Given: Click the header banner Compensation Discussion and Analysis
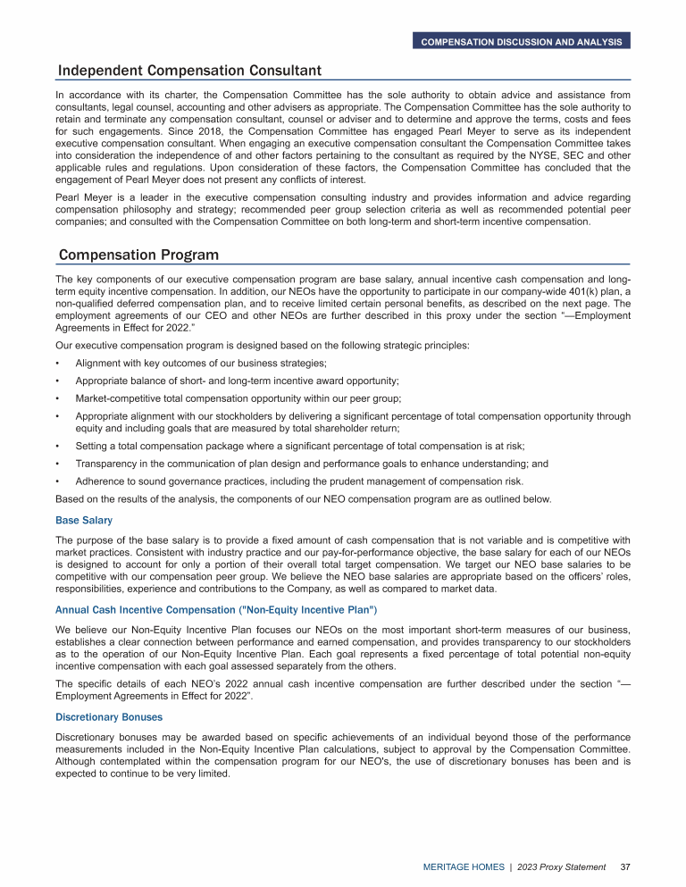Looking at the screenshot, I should coord(522,41).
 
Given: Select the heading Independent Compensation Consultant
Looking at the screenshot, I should coord(189,71).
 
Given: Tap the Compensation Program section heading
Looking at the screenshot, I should coord(138,255).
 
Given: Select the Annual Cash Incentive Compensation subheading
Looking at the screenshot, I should coord(216,609).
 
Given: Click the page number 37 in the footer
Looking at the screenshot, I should coord(626,867).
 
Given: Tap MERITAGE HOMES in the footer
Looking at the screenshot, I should coord(462,867).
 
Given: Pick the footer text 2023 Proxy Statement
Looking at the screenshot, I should coord(561,867).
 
